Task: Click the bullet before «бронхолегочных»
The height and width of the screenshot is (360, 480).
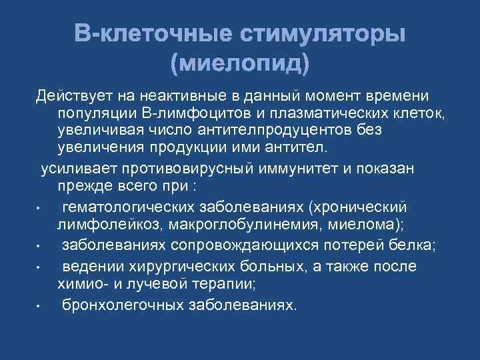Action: (40, 307)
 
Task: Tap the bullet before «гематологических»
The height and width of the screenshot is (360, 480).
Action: (40, 209)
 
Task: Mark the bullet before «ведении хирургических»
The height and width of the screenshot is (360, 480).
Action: (40, 268)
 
